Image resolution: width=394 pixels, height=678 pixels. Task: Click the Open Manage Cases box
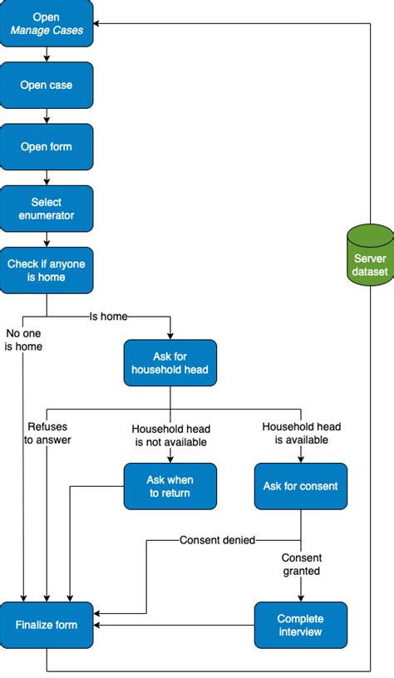[47, 24]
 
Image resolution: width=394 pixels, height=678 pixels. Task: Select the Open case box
[47, 86]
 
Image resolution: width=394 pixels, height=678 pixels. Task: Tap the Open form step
[47, 147]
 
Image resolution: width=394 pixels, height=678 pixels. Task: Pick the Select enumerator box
[47, 209]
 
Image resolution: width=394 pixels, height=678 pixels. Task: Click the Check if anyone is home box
[47, 270]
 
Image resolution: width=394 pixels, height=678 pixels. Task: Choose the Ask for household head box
[170, 362]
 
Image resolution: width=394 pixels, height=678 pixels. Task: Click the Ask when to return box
[170, 486]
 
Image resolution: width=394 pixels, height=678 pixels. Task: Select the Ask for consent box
[300, 486]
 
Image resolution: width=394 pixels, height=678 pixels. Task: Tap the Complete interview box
[300, 625]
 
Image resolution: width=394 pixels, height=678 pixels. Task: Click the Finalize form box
[47, 625]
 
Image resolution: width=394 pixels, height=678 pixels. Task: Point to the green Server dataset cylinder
[369, 255]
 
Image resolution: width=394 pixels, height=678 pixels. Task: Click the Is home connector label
[109, 293]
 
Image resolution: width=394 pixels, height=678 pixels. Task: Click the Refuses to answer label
[47, 434]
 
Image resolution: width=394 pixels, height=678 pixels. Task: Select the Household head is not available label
[170, 435]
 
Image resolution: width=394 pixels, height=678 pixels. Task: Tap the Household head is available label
[300, 433]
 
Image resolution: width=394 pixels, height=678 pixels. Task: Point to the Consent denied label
[217, 540]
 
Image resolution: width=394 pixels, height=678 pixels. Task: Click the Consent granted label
[301, 564]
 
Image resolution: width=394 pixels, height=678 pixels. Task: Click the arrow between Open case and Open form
[47, 116]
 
